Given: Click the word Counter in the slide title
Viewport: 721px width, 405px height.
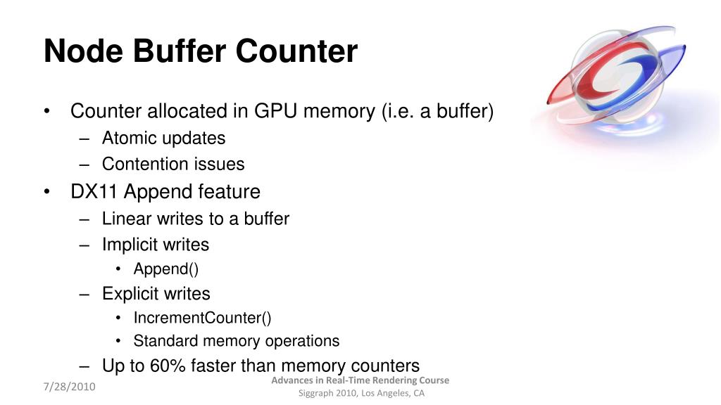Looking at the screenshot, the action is click(x=296, y=52).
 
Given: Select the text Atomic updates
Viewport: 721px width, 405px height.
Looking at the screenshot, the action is click(x=163, y=138).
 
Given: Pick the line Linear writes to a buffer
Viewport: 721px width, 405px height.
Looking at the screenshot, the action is click(x=195, y=219).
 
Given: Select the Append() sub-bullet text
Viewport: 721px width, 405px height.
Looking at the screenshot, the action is click(x=161, y=269).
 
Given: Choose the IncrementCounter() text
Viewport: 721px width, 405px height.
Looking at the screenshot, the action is click(x=202, y=318).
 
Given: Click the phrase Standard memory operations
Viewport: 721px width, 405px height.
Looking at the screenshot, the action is click(x=236, y=341).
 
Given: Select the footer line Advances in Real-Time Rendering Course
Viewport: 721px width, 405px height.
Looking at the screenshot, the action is click(x=360, y=380).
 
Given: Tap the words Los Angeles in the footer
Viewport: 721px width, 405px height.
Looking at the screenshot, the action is click(x=386, y=393).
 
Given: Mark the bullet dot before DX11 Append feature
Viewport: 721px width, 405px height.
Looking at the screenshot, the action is click(x=46, y=192).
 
